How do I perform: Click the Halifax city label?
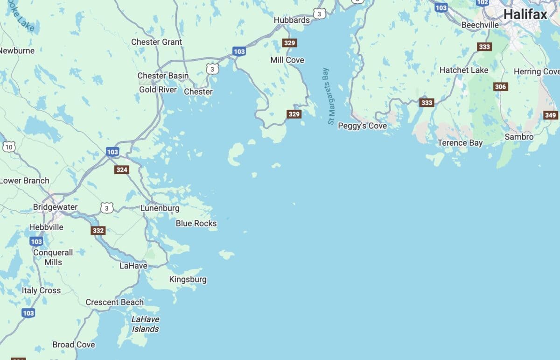tap(525, 14)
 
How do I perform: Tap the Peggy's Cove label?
tap(362, 126)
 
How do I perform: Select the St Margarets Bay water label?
tap(331, 96)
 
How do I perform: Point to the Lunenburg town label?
tap(160, 208)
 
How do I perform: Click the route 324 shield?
tap(122, 169)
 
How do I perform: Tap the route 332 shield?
tap(98, 230)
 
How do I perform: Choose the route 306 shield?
tap(501, 87)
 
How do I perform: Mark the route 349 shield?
tap(551, 115)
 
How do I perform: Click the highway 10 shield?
tap(8, 147)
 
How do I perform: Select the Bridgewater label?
tap(55, 207)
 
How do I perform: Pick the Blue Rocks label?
tap(196, 223)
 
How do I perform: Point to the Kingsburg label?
tap(188, 280)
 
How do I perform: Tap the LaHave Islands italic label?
tap(145, 324)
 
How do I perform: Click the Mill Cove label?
tap(287, 60)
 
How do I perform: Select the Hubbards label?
tap(292, 20)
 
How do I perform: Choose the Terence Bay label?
tap(460, 143)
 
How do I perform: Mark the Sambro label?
tap(519, 137)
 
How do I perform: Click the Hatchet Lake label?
tap(464, 70)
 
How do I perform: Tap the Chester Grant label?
tap(156, 42)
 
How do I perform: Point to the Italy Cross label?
tap(41, 290)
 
